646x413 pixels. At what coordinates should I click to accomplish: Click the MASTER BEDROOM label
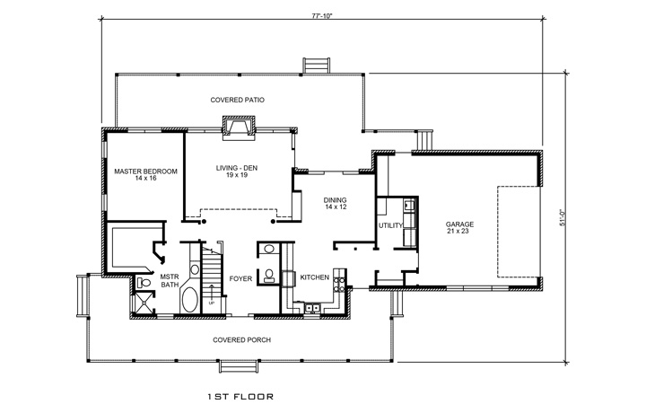(144, 174)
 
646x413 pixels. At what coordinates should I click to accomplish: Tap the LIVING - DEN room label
(237, 171)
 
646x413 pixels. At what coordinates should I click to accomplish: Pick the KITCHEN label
(315, 277)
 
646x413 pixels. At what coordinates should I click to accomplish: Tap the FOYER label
(240, 278)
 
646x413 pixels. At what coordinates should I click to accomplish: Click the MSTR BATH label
(170, 281)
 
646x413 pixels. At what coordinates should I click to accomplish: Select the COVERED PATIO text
(237, 100)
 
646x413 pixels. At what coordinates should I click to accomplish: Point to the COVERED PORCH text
(242, 339)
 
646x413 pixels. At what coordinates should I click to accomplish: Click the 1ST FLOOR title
(240, 394)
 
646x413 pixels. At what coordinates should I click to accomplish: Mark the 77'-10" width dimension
(322, 15)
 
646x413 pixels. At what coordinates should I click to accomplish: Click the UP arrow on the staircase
(212, 294)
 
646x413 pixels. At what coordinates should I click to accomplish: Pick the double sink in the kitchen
(313, 310)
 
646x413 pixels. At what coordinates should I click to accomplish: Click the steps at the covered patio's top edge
(315, 66)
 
